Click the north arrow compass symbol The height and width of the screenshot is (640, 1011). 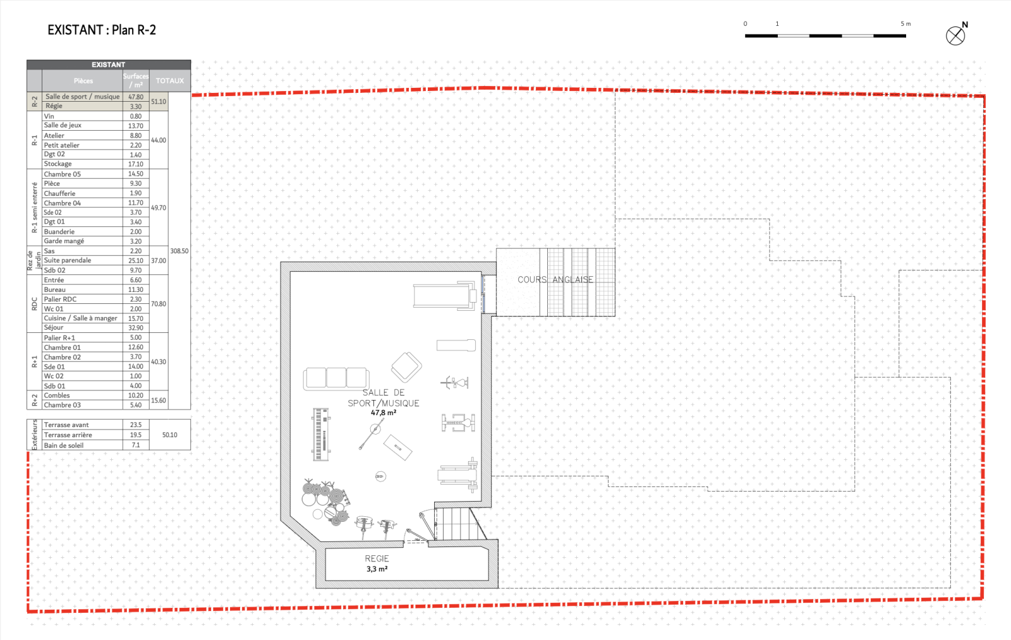coord(955,35)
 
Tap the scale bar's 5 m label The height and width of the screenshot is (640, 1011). coord(905,23)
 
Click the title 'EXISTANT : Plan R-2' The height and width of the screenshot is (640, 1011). coord(102,30)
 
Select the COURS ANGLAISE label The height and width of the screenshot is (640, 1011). coord(555,279)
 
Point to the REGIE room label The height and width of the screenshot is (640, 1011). coord(377,558)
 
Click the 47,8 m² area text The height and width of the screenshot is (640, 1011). coord(383,413)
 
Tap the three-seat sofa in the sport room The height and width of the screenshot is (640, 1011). coord(336,378)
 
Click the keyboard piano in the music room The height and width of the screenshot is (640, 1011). coord(321,434)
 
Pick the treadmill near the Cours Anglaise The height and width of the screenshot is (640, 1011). coord(445,296)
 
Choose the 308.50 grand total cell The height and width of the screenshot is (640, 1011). coord(179,251)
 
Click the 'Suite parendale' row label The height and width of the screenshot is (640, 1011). coord(67,260)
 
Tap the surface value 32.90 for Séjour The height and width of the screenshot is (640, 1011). coord(135,328)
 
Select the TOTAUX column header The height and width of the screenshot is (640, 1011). coord(170,81)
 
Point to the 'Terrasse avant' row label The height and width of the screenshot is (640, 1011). coord(66,425)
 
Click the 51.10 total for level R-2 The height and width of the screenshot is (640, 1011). coord(159,102)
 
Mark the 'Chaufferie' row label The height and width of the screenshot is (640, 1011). coord(59,193)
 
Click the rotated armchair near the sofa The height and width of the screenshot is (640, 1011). coord(406,367)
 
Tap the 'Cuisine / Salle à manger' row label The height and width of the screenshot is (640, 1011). coord(80,318)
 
